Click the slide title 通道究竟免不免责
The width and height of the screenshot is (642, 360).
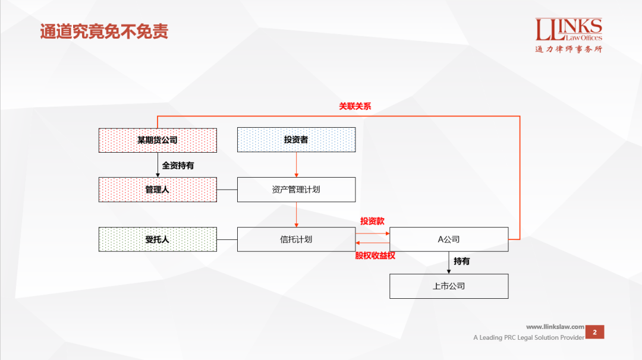pyautogui.click(x=104, y=31)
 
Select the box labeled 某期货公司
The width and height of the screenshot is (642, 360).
pyautogui.click(x=158, y=140)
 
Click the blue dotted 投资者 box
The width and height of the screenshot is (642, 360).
pyautogui.click(x=296, y=140)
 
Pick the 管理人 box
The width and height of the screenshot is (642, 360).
pyautogui.click(x=158, y=190)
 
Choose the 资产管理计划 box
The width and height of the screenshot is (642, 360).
pyautogui.click(x=296, y=190)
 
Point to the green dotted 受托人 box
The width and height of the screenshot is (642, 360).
pyautogui.click(x=158, y=239)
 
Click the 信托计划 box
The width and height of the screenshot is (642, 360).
pyautogui.click(x=296, y=239)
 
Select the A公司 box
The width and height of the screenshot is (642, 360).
pyautogui.click(x=449, y=239)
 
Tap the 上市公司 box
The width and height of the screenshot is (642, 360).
pyautogui.click(x=449, y=286)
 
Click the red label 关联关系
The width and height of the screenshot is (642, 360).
pyautogui.click(x=355, y=106)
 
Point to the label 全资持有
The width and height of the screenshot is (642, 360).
pyautogui.click(x=178, y=166)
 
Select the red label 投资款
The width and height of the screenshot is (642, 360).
pyautogui.click(x=372, y=221)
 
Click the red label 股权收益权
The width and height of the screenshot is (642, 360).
pyautogui.click(x=375, y=255)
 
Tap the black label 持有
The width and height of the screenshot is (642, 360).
pyautogui.click(x=462, y=261)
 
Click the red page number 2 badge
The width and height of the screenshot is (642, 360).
pyautogui.click(x=594, y=332)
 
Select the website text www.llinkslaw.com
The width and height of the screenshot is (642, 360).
pyautogui.click(x=555, y=327)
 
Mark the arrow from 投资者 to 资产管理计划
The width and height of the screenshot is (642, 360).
pyautogui.click(x=296, y=165)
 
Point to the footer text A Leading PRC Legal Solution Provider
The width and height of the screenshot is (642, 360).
pyautogui.click(x=528, y=337)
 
